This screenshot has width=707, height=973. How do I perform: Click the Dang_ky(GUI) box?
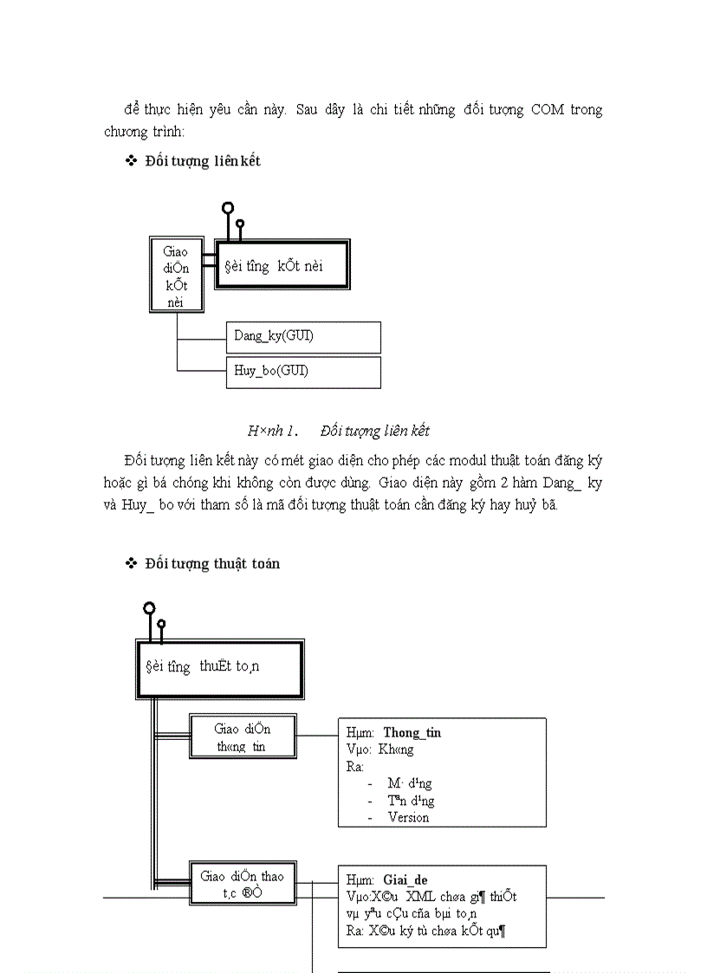point(302,336)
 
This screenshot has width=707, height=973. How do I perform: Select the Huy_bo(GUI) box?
point(302,372)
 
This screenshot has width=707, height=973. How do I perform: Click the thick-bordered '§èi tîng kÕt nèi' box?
point(282,264)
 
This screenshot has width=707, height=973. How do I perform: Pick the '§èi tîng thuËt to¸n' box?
point(220,669)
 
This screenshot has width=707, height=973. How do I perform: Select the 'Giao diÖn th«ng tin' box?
point(242,736)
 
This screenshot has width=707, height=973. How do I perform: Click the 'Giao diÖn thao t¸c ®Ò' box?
point(242,883)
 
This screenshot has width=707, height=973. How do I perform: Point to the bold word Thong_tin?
point(412,732)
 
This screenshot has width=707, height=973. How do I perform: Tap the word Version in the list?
point(408,817)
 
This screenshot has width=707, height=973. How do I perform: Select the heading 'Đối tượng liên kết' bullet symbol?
point(132,161)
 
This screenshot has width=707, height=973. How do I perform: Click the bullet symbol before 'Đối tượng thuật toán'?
point(132,563)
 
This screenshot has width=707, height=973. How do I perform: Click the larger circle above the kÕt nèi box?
point(228,208)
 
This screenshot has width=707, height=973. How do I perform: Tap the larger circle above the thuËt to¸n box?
point(149,608)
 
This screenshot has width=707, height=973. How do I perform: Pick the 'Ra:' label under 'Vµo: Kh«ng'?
point(354,766)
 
